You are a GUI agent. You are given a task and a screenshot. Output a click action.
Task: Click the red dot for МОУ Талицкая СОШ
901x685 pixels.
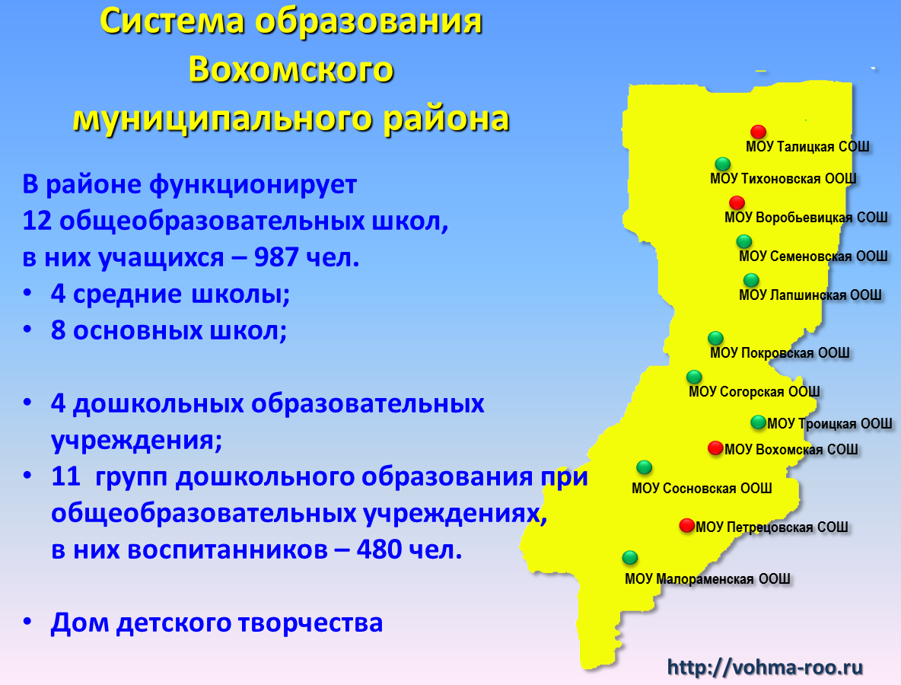click(x=759, y=132)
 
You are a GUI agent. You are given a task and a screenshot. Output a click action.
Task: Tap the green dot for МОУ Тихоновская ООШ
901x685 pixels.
click(x=723, y=164)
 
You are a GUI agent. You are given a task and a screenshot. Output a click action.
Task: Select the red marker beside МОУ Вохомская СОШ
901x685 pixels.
click(x=715, y=448)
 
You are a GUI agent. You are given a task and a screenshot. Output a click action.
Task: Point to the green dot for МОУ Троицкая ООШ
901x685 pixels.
click(x=759, y=422)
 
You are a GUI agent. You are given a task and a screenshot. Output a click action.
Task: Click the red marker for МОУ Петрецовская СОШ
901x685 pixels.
click(x=687, y=525)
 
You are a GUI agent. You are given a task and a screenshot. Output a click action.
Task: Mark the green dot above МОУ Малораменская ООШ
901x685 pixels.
click(x=630, y=557)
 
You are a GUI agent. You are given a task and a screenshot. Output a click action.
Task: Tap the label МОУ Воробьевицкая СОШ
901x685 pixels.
click(x=806, y=218)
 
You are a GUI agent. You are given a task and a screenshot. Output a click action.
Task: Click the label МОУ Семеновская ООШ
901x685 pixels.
click(x=813, y=256)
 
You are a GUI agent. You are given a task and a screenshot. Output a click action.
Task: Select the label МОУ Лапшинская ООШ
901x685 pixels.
click(x=810, y=295)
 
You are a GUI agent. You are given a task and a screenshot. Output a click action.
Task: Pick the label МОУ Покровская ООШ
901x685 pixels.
click(x=780, y=353)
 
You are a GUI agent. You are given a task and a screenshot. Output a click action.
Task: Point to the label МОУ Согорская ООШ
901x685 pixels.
click(x=754, y=392)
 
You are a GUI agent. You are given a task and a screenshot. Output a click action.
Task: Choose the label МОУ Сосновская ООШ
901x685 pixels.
click(x=702, y=489)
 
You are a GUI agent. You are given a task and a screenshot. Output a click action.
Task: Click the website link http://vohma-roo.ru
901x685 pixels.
click(x=765, y=667)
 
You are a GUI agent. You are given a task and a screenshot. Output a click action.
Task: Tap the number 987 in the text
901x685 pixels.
click(x=275, y=257)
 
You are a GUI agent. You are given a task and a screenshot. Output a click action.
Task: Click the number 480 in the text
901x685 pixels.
click(x=379, y=550)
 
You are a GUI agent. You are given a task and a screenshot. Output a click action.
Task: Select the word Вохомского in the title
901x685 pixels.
click(x=291, y=69)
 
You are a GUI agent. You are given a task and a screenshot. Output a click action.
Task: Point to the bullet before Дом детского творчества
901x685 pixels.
click(x=27, y=623)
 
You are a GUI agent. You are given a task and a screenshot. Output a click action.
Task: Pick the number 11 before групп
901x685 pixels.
click(x=65, y=476)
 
